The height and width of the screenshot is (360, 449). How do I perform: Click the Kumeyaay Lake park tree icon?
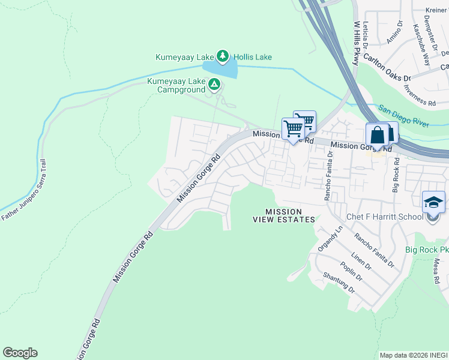(x=223, y=57)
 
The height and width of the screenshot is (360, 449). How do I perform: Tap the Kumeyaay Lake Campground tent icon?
(x=214, y=86)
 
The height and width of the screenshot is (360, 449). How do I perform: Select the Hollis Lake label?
(x=253, y=58)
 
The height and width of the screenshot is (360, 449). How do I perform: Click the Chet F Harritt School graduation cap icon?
(x=433, y=202)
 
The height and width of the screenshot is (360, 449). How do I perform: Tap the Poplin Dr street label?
(x=351, y=271)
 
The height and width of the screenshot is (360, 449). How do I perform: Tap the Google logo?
(x=20, y=353)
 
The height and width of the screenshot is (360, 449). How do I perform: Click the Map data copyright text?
(x=414, y=355)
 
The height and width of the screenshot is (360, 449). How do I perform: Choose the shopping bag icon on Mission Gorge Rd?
(x=378, y=135)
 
